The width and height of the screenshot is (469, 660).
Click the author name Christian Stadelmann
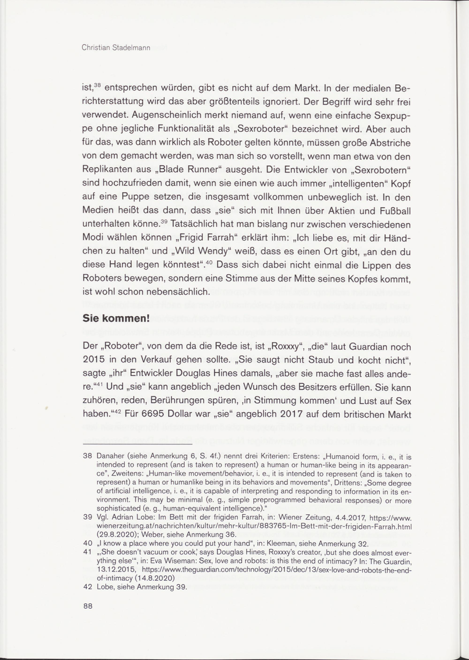116,48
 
